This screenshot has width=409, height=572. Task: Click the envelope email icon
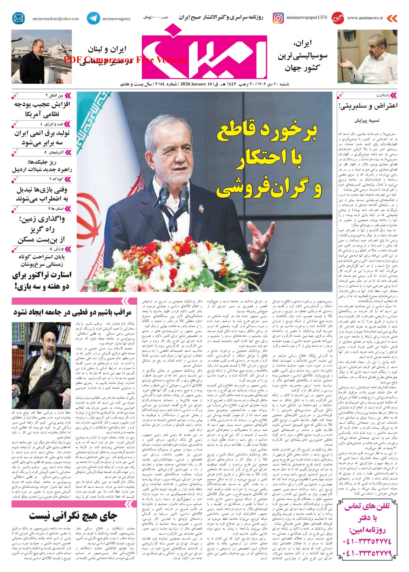pos(18,18)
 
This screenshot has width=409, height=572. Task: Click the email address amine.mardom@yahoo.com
pos(55,19)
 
